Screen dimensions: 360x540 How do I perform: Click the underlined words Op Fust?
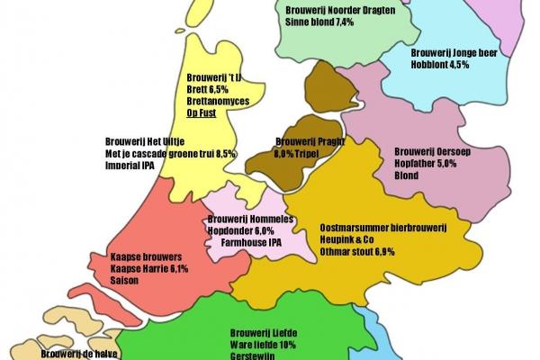(203, 114)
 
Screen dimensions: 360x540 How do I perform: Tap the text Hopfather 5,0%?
(427, 164)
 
